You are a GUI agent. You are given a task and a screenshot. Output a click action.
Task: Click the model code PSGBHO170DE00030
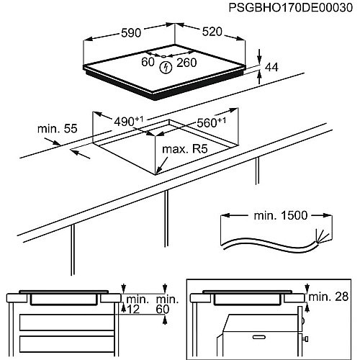pyautogui.click(x=291, y=8)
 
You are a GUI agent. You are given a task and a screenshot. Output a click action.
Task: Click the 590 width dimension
pyautogui.click(x=131, y=33)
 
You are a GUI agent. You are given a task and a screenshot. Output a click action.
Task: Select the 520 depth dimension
pyautogui.click(x=212, y=32)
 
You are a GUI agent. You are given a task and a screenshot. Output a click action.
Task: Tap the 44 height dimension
pyautogui.click(x=271, y=67)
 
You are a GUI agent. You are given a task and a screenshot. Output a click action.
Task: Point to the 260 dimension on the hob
pyautogui.click(x=186, y=63)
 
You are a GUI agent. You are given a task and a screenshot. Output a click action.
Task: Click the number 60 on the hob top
pyautogui.click(x=148, y=62)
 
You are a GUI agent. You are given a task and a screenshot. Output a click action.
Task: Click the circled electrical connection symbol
pyautogui.click(x=166, y=67)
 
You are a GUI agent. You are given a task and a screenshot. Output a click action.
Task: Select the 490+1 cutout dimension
pyautogui.click(x=129, y=121)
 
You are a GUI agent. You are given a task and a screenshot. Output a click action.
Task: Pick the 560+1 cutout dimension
pyautogui.click(x=212, y=122)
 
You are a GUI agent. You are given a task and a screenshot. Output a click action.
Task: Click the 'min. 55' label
pyautogui.click(x=58, y=129)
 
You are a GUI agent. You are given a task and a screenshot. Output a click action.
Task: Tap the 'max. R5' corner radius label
pyautogui.click(x=185, y=149)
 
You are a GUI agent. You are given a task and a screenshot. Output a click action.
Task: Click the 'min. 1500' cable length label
pyautogui.click(x=281, y=215)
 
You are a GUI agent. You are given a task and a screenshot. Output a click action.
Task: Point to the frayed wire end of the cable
pyautogui.click(x=322, y=236)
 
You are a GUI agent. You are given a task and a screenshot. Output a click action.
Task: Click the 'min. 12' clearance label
pyautogui.click(x=135, y=305)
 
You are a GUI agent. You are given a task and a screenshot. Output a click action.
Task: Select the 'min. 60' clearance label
pyautogui.click(x=167, y=305)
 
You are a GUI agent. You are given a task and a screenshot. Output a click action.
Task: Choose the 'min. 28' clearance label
pyautogui.click(x=328, y=297)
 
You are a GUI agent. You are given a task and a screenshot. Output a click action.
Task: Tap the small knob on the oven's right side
pyautogui.click(x=305, y=339)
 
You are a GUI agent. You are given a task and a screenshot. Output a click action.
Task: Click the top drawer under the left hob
pyautogui.click(x=67, y=322)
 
